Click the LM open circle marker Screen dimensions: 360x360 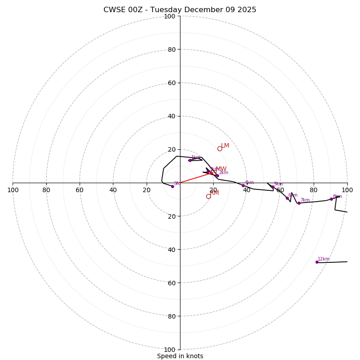coord(220,148)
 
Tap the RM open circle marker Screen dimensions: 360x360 coord(208,196)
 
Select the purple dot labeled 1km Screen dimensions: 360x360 coord(190,160)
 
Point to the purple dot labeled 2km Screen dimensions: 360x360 coord(217,175)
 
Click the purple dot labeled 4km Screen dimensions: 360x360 coord(243,185)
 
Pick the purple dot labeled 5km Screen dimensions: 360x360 coord(273,187)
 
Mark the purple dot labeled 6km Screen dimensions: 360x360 coord(287,198)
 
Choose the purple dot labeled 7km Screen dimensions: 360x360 coord(299,203)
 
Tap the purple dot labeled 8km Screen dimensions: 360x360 coord(331,199)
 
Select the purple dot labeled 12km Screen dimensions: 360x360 coord(317,262)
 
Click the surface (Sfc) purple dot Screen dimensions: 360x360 coord(172,186)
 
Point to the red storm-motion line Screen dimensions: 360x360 coord(196,178)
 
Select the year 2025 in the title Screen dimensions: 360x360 coord(247,10)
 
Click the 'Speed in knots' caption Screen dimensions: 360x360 coord(180,356)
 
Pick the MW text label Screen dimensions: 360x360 coord(221,169)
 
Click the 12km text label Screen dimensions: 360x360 coord(324,259)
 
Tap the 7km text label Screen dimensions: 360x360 coord(305,200)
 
